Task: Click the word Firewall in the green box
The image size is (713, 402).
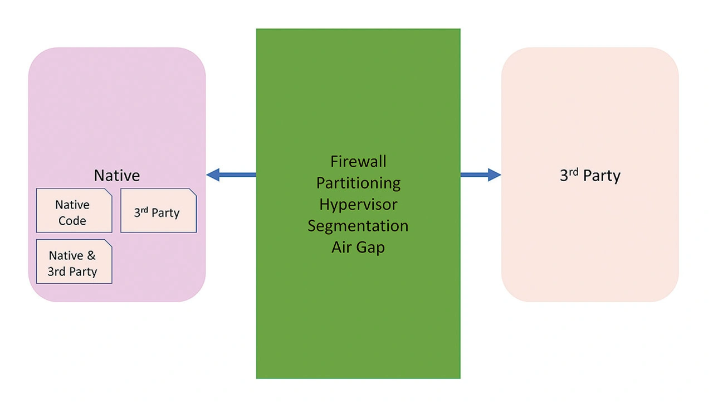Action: [358, 162]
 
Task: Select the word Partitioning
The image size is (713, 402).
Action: [358, 183]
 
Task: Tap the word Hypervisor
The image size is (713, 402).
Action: [358, 204]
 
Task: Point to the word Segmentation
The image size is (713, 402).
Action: [358, 226]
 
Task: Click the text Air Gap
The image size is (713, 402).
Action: [358, 247]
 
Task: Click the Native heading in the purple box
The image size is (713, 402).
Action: [116, 176]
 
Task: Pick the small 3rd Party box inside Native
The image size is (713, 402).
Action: [158, 211]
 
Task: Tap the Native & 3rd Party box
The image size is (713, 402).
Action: [74, 261]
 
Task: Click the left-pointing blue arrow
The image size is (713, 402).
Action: [231, 175]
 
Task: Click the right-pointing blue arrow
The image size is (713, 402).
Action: [480, 175]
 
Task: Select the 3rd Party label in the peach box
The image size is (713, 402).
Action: [590, 176]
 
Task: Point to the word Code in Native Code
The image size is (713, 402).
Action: [72, 221]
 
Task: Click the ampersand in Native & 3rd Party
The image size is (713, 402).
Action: [91, 256]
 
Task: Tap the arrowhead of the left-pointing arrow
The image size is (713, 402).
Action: [213, 175]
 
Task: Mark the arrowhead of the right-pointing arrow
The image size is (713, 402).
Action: [495, 175]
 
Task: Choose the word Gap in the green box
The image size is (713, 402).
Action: [371, 248]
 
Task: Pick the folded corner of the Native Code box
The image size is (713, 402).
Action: [109, 192]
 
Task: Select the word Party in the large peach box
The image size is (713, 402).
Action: [602, 176]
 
